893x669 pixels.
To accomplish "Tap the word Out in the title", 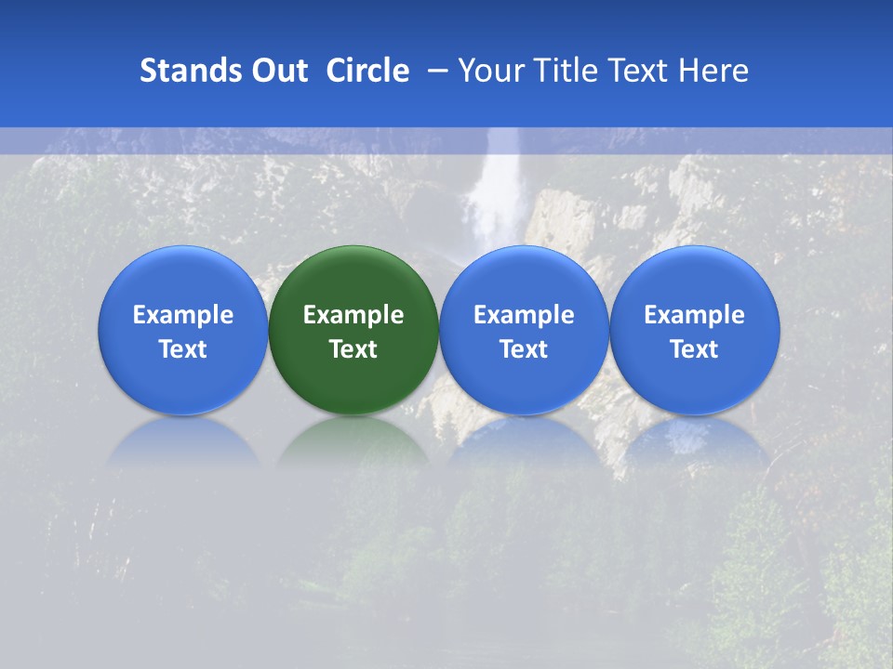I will click(x=277, y=71).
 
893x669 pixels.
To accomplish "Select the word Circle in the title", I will click(x=367, y=71).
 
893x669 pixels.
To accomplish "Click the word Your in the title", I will click(x=490, y=71).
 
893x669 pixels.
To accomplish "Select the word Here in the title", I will click(x=713, y=71).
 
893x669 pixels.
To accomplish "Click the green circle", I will click(x=353, y=279).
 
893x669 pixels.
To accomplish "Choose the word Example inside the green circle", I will click(x=353, y=315).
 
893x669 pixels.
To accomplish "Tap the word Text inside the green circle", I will click(x=353, y=349).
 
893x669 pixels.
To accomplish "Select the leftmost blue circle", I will click(x=182, y=279).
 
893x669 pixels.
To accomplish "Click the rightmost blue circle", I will click(x=695, y=279).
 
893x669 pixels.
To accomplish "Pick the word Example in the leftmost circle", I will click(x=182, y=315).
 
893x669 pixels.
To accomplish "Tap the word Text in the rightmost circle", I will click(x=695, y=349).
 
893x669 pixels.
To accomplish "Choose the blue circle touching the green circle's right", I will click(x=524, y=279).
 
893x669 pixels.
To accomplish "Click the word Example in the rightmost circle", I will click(x=695, y=315).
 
